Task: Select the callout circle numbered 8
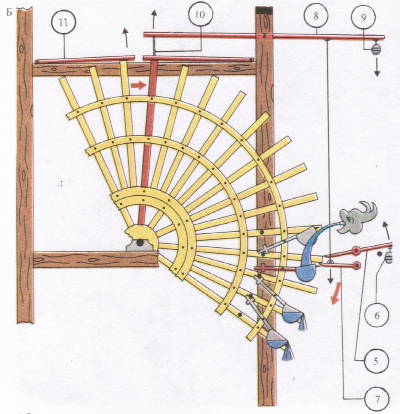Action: tap(316, 16)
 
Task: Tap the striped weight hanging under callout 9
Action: tap(376, 49)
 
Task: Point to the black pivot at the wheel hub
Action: tap(140, 243)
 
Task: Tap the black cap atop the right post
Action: tap(264, 10)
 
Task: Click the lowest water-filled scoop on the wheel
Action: tap(276, 340)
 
